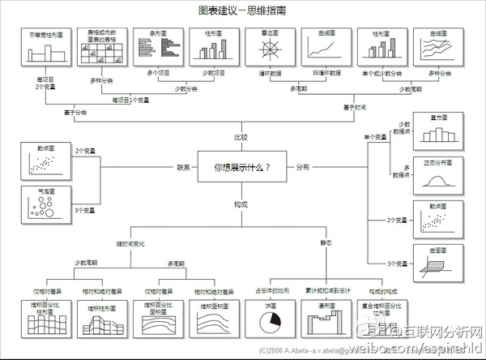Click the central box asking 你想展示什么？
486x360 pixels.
click(x=241, y=168)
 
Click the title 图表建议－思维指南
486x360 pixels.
click(x=241, y=11)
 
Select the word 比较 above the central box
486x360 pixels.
click(x=241, y=136)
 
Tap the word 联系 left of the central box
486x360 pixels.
click(x=183, y=168)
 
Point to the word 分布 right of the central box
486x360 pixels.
click(x=302, y=168)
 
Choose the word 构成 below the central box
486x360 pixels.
click(x=241, y=204)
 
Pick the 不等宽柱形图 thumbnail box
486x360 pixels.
click(x=45, y=52)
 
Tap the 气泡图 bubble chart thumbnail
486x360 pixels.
click(x=45, y=206)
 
